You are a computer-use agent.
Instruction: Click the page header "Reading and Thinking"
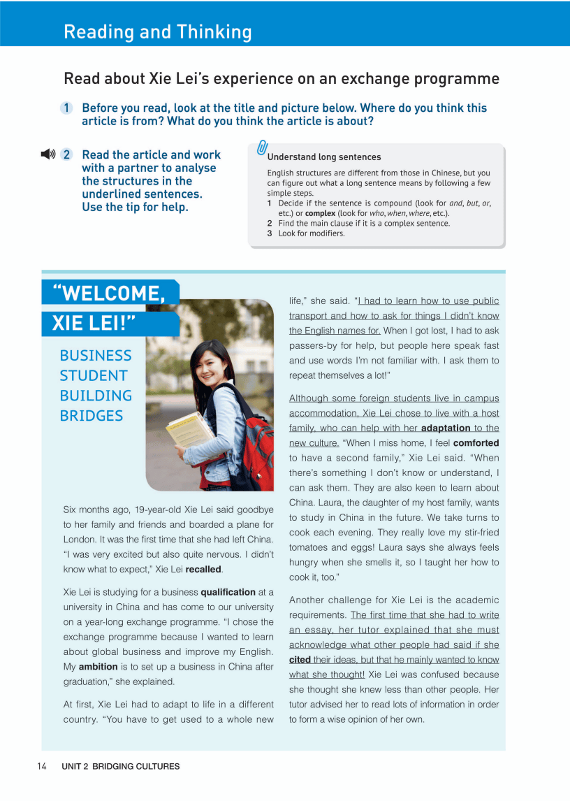point(157,31)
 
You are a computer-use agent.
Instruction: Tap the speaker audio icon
point(47,154)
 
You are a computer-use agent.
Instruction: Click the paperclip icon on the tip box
point(263,147)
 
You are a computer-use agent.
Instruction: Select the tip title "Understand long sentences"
point(323,157)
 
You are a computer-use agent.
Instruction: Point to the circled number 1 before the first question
point(66,108)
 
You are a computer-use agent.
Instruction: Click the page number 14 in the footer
point(41,766)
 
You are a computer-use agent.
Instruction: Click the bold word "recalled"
point(203,569)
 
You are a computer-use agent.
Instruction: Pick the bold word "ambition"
point(98,667)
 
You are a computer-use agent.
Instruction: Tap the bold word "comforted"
point(476,442)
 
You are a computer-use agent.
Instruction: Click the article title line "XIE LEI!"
point(94,324)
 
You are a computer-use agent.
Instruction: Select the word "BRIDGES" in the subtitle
point(92,416)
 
